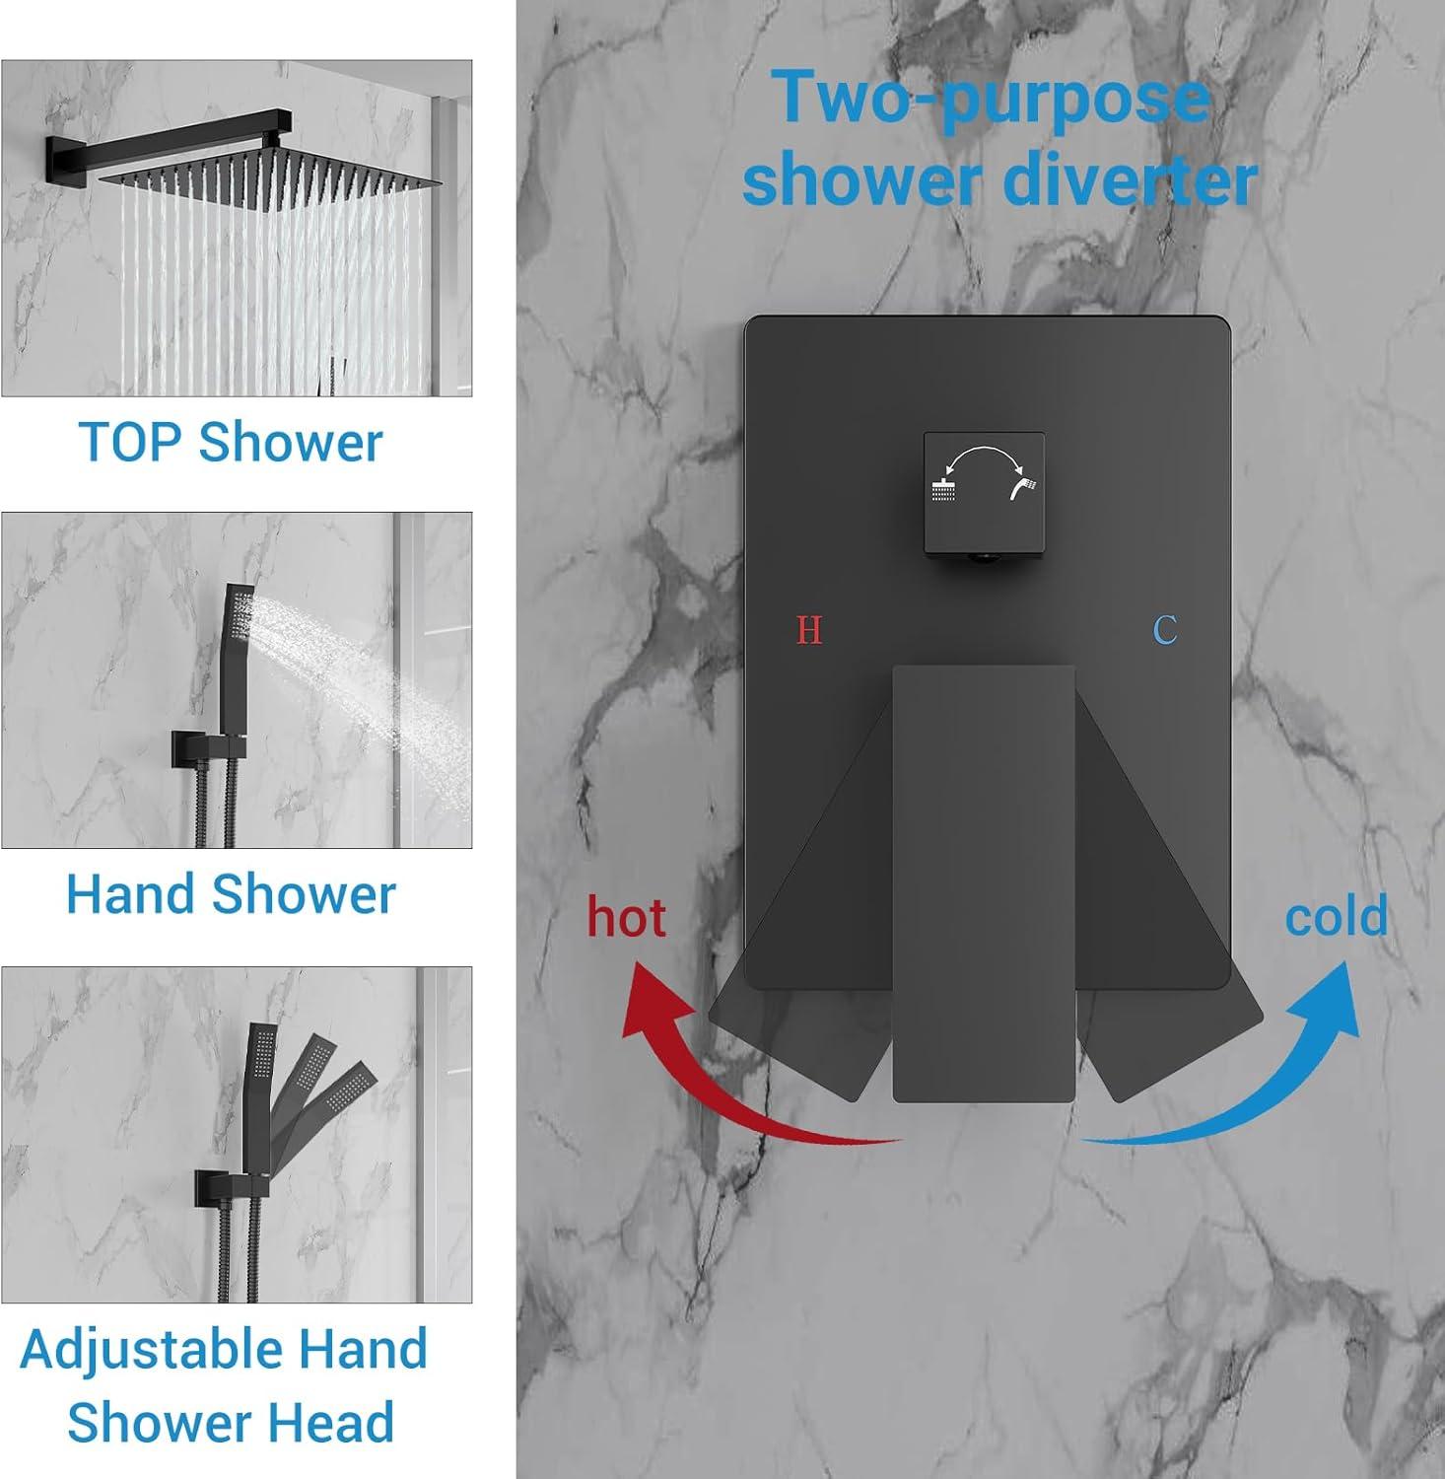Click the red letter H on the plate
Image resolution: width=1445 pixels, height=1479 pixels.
(809, 629)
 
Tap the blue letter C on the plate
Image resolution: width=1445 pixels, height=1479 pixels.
(1165, 629)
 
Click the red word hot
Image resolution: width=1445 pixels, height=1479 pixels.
(627, 917)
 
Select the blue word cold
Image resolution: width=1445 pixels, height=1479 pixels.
(1336, 916)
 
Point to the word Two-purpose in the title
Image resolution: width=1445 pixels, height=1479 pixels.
(991, 97)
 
